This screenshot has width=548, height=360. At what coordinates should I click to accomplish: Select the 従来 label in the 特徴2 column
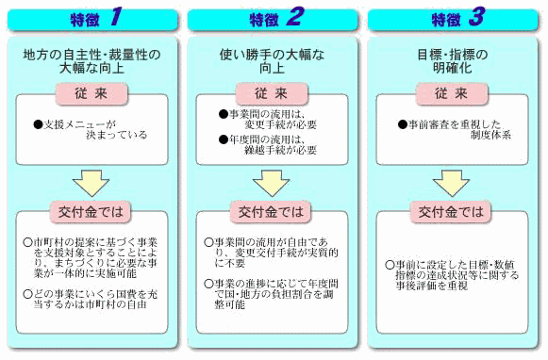point(272,94)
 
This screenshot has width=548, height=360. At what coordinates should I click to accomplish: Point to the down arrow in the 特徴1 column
point(91,182)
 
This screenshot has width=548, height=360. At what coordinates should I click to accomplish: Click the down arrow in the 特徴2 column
point(272,182)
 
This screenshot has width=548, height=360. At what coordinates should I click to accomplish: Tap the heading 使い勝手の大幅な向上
point(272,61)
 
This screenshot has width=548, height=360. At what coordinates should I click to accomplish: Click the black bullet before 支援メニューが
point(38,123)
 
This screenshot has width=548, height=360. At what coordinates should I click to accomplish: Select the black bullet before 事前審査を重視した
point(401,123)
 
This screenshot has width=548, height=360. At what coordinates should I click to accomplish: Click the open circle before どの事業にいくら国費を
point(27,293)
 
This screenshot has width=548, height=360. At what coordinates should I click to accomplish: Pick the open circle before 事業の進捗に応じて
point(208,283)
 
